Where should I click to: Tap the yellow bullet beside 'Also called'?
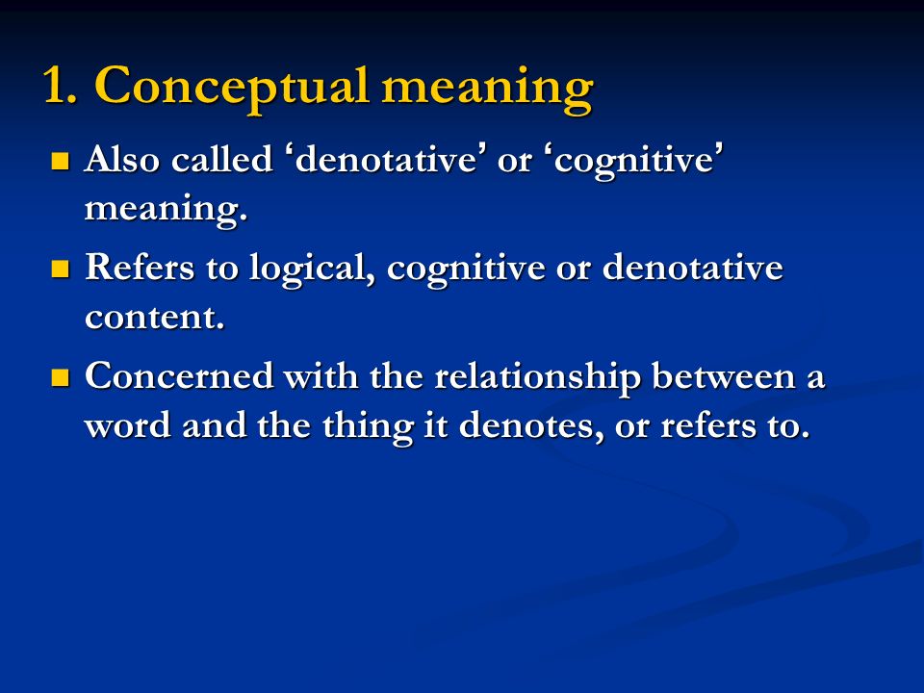pyautogui.click(x=60, y=161)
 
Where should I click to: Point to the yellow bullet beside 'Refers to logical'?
pyautogui.click(x=60, y=269)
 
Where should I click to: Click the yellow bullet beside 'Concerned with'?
pyautogui.click(x=60, y=377)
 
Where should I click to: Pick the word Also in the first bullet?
pyautogui.click(x=122, y=159)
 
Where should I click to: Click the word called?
pyautogui.click(x=222, y=159)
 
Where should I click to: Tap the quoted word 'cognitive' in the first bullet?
pyautogui.click(x=639, y=161)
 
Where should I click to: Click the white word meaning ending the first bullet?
pyautogui.click(x=166, y=209)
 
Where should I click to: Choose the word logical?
pyautogui.click(x=312, y=269)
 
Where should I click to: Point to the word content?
pyautogui.click(x=154, y=317)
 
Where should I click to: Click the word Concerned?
pyautogui.click(x=179, y=375)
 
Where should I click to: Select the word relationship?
pyautogui.click(x=537, y=377)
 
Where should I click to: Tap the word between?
pyautogui.click(x=724, y=375)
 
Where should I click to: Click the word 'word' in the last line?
pyautogui.click(x=128, y=424)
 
